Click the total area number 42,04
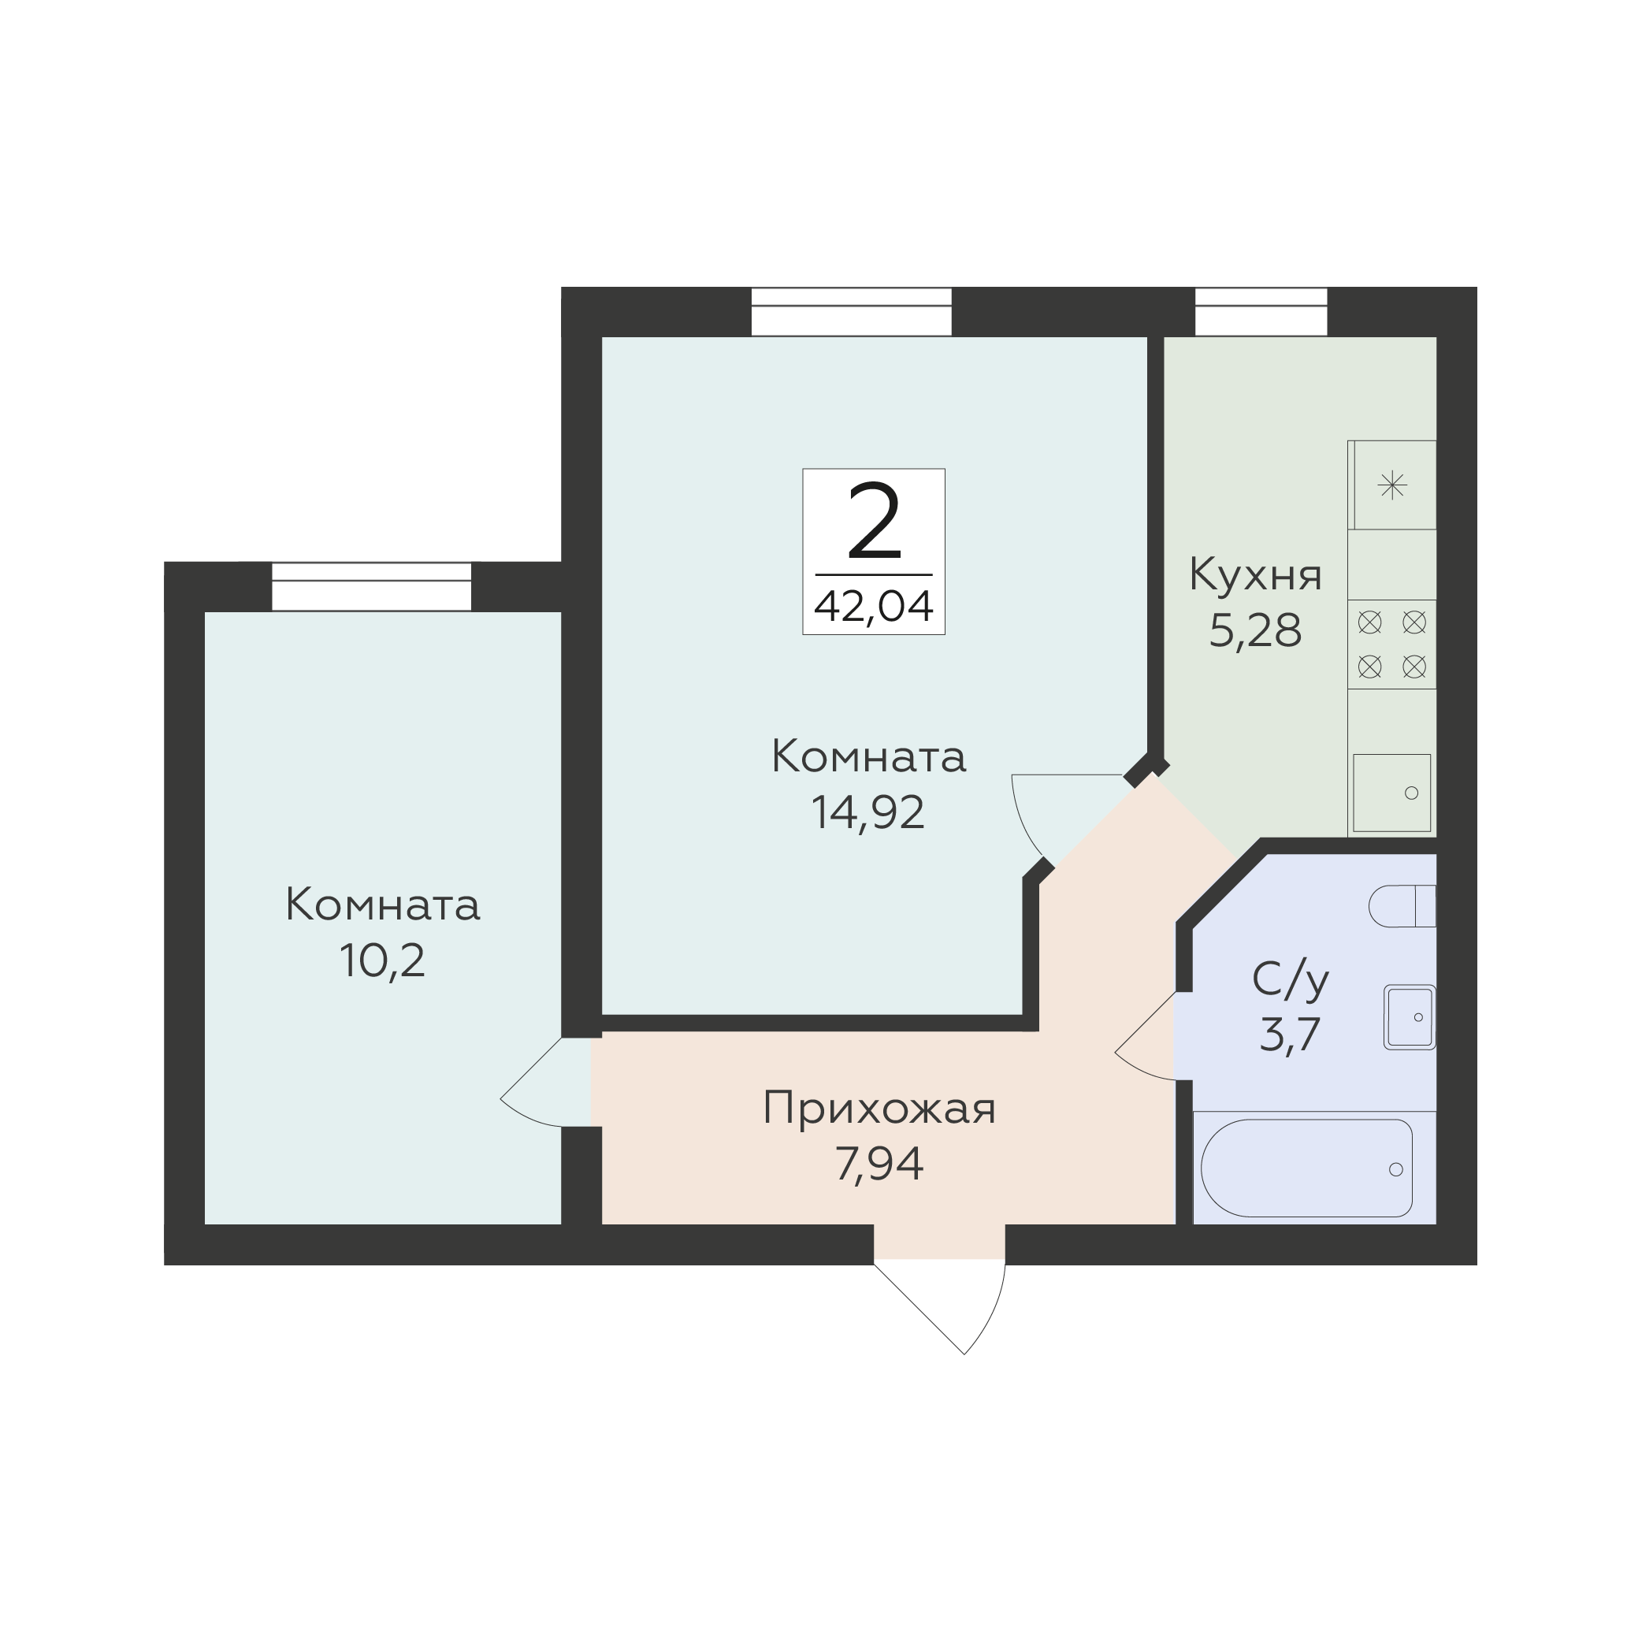point(874,607)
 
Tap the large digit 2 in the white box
point(875,520)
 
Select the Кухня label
point(1255,574)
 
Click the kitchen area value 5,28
point(1255,630)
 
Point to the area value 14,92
point(867,812)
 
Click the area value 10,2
point(382,961)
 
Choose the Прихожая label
point(879,1109)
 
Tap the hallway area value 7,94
point(879,1165)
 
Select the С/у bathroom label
point(1290,979)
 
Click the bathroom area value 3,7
point(1290,1035)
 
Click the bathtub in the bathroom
point(1307,1168)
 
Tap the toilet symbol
point(1402,906)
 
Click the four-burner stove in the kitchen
point(1392,645)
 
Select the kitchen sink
point(1392,793)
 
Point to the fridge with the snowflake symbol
point(1392,485)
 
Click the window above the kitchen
point(1261,312)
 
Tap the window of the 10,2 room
point(371,586)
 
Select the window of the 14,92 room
point(852,312)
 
